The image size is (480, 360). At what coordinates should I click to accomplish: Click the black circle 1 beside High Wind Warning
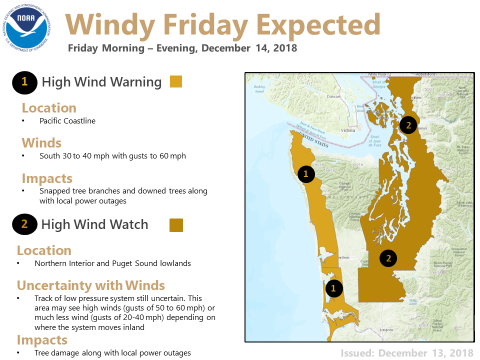[24, 82]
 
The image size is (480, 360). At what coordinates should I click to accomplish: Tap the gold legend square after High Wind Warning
[176, 82]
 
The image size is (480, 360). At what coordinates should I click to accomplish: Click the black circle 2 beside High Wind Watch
[24, 225]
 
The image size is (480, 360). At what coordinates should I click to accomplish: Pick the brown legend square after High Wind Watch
[176, 225]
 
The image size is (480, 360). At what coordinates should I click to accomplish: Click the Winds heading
[41, 143]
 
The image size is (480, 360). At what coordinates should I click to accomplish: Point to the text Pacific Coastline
[67, 121]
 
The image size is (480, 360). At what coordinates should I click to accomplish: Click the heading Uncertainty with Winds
[90, 285]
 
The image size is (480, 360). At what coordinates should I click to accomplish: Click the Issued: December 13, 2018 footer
[406, 353]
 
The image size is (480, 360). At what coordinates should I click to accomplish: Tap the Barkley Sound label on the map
[259, 89]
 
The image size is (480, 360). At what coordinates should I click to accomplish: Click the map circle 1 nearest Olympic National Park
[305, 174]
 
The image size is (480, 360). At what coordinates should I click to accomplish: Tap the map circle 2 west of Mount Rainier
[388, 258]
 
